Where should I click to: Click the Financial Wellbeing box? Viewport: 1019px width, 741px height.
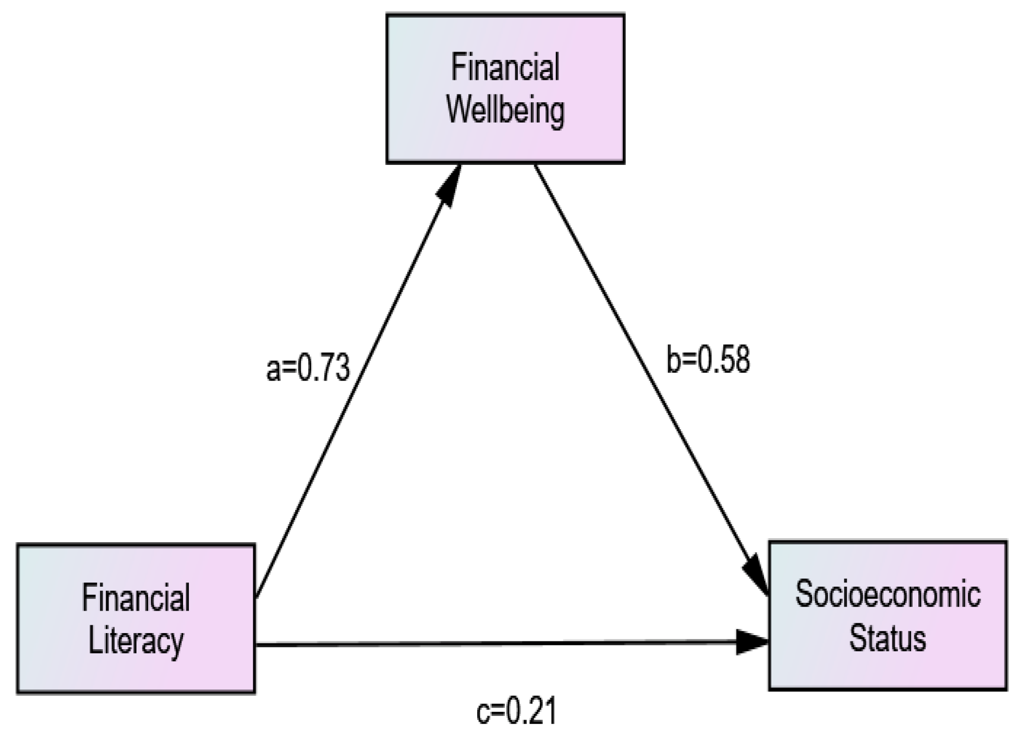coord(505,89)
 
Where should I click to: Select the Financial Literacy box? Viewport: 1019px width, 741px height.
coord(136,618)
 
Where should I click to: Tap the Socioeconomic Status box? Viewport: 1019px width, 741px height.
coord(888,616)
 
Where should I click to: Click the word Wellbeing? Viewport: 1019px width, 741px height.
coord(505,111)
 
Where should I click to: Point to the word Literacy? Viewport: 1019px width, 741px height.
coord(136,641)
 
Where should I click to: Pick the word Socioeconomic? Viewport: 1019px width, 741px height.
coord(888,594)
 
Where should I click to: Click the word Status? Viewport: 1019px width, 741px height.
coord(888,638)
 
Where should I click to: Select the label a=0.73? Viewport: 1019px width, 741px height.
coord(308,369)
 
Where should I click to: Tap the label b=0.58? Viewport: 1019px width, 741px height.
coord(708,360)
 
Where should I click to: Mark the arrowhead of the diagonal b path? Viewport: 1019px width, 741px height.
coord(757,574)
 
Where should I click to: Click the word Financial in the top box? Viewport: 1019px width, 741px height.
coord(505,67)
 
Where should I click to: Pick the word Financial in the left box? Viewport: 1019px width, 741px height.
coord(136,598)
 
